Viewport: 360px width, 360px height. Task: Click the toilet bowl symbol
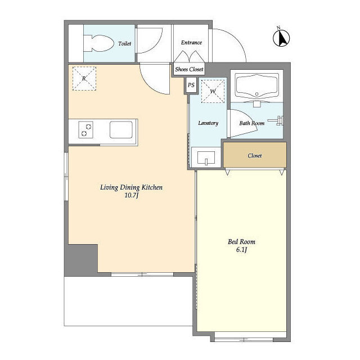[98, 43]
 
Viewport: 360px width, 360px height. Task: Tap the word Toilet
[125, 43]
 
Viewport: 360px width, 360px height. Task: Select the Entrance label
[191, 43]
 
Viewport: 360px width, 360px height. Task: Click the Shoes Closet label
[189, 69]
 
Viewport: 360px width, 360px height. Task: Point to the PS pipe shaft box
[191, 85]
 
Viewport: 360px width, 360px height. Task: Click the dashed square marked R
[84, 78]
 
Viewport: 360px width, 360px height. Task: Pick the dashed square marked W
[213, 91]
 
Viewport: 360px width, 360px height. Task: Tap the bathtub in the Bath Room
[257, 86]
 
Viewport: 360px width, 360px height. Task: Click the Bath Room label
[252, 123]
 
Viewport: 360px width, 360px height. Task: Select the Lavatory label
[208, 123]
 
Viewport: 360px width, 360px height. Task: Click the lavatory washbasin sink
[206, 157]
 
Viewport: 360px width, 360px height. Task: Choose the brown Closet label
[255, 156]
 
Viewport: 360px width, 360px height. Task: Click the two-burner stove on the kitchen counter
[85, 130]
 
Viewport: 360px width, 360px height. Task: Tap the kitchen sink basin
[121, 130]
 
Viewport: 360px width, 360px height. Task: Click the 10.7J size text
[132, 195]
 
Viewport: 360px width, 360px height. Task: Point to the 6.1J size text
[241, 249]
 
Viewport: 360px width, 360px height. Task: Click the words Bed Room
[241, 241]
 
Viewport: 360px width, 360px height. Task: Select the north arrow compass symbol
[281, 38]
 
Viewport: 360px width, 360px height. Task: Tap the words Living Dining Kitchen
[131, 187]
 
